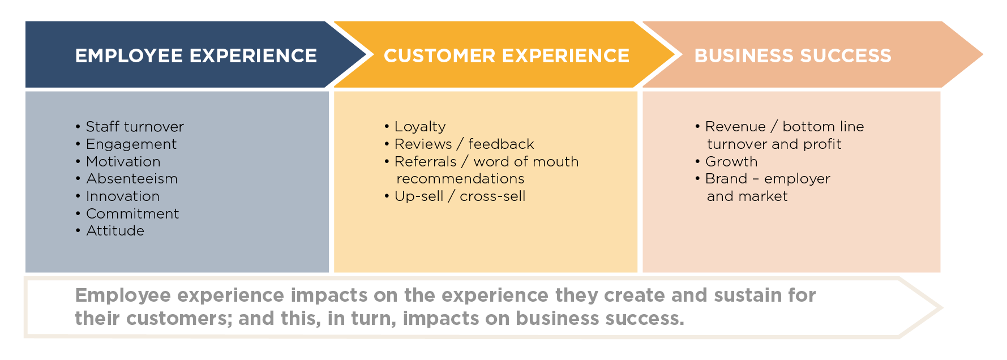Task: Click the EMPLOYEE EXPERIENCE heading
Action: coord(196,55)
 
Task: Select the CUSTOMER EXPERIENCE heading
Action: coord(506,55)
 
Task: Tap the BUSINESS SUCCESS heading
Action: coord(792,55)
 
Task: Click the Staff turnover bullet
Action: coord(134,127)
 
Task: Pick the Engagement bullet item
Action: coord(131,144)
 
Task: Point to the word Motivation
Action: coord(123,162)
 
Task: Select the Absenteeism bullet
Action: coord(132,179)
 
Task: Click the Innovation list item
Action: coord(123,196)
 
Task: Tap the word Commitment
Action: coord(132,214)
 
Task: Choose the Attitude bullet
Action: coord(115,231)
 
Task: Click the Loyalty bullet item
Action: coord(419,127)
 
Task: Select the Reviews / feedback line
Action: coord(464,144)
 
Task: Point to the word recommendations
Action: coord(460,179)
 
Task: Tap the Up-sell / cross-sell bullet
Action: coord(460,196)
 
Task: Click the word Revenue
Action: coord(735,127)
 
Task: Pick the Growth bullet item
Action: coord(731,162)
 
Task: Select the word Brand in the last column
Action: coord(726,179)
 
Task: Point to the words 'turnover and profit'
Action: coord(774,144)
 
